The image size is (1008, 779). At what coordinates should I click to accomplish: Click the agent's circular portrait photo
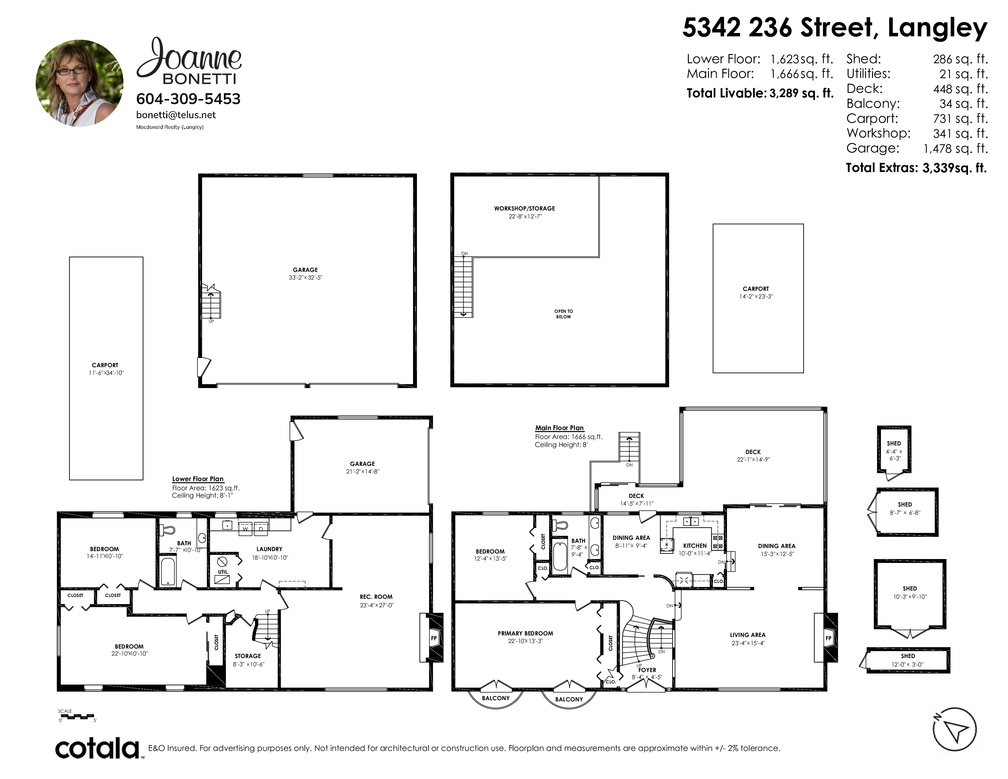pyautogui.click(x=79, y=83)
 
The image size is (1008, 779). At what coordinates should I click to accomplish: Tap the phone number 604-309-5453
pyautogui.click(x=188, y=99)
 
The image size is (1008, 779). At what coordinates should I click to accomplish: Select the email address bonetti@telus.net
pyautogui.click(x=176, y=115)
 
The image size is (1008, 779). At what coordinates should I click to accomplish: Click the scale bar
pyautogui.click(x=77, y=716)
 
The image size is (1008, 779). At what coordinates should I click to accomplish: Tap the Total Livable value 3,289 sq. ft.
pyautogui.click(x=801, y=93)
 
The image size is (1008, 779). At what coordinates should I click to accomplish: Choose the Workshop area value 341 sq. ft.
pyautogui.click(x=960, y=133)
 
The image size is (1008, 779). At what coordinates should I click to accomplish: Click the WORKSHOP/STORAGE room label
pyautogui.click(x=524, y=209)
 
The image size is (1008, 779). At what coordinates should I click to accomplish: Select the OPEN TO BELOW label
pyautogui.click(x=564, y=314)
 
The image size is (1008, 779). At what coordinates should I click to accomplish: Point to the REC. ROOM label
pyautogui.click(x=376, y=597)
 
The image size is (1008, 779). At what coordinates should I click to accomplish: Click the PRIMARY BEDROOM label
pyautogui.click(x=525, y=633)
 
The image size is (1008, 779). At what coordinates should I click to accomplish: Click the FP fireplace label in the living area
pyautogui.click(x=828, y=638)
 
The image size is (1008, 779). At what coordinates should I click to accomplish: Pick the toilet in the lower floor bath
pyautogui.click(x=167, y=530)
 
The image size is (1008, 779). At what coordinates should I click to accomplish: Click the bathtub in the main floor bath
pyautogui.click(x=560, y=557)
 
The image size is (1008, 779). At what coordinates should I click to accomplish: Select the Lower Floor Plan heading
pyautogui.click(x=198, y=479)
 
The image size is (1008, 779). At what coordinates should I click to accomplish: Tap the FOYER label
pyautogui.click(x=647, y=670)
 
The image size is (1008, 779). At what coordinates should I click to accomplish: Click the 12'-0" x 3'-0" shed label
pyautogui.click(x=908, y=664)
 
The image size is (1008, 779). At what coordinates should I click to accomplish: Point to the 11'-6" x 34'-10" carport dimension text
pyautogui.click(x=107, y=373)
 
